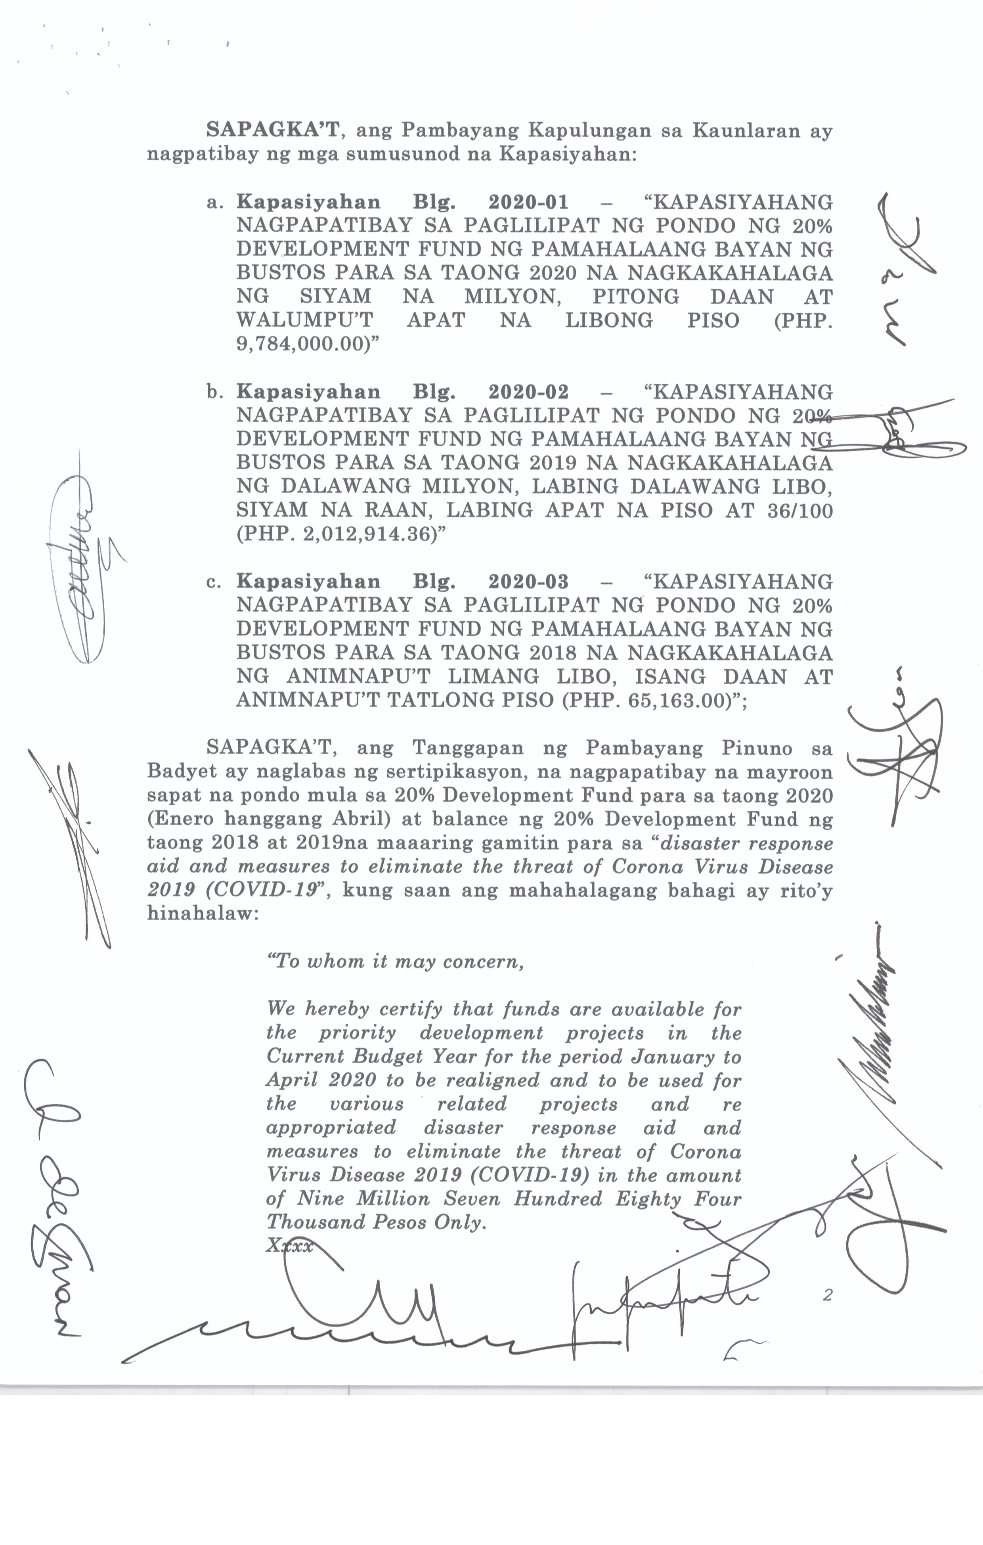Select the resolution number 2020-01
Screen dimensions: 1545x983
[x=528, y=202]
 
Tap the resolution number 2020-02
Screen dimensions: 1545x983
[x=528, y=391]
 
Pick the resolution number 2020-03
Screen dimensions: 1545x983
[x=528, y=581]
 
